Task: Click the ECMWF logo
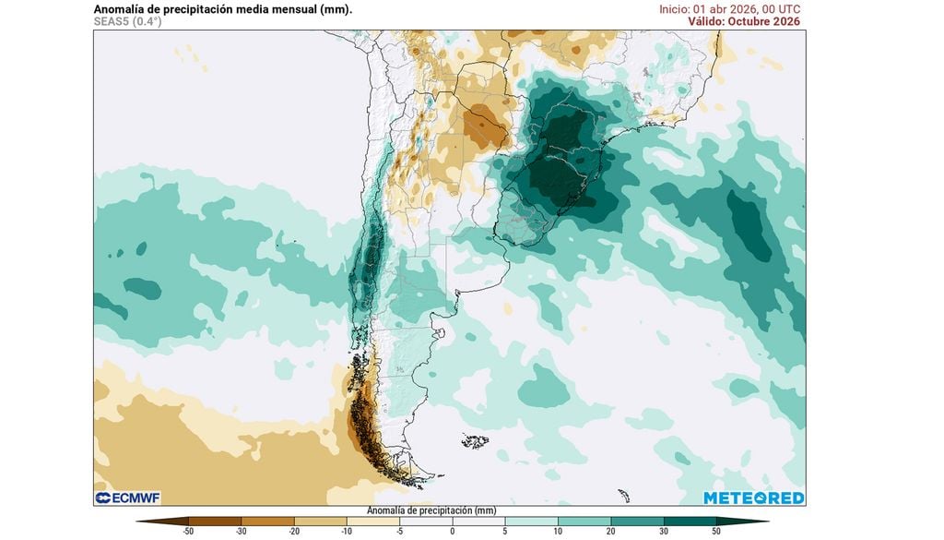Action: point(125,498)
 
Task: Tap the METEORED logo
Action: point(753,498)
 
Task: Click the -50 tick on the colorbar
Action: point(188,532)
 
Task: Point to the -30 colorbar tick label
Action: point(242,532)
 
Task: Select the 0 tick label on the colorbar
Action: point(453,532)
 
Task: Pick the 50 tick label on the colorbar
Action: point(716,532)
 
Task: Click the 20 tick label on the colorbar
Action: point(610,532)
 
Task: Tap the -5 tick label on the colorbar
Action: point(399,532)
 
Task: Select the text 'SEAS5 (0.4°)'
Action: point(127,21)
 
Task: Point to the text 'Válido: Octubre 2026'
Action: point(744,21)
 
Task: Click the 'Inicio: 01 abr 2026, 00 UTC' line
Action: point(729,8)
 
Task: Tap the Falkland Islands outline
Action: point(474,441)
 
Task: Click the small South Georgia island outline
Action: point(624,495)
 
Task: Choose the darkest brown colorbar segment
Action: point(175,522)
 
